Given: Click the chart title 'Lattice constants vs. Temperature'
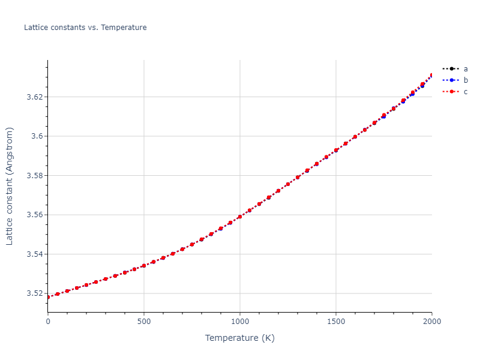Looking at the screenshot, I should (85, 28).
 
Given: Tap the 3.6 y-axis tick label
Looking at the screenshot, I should (37, 136).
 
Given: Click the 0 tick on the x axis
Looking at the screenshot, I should (48, 322).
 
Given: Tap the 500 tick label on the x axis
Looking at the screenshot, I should (144, 322).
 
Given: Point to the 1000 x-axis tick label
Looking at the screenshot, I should (240, 322).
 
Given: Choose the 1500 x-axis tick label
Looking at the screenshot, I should (336, 322).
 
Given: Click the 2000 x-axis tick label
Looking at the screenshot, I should (431, 322).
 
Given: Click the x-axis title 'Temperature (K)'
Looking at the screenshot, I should (240, 338).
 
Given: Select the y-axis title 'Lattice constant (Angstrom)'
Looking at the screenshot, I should (10, 186).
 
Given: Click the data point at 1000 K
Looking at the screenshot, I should (240, 217).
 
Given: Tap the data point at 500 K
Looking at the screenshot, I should (144, 265).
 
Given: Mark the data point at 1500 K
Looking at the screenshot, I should (336, 150).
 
